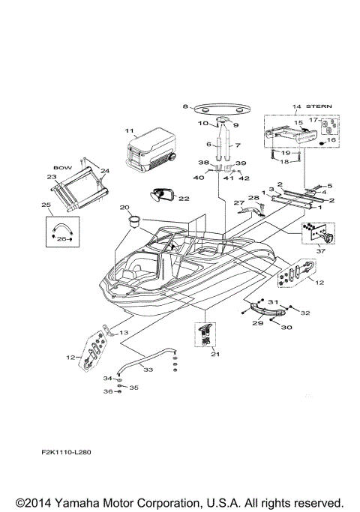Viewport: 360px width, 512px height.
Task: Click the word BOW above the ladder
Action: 61,168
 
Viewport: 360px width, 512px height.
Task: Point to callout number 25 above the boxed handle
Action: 46,205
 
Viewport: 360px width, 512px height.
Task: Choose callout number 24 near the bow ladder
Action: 105,171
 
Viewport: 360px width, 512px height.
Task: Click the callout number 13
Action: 124,332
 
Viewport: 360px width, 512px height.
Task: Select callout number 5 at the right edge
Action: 329,185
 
